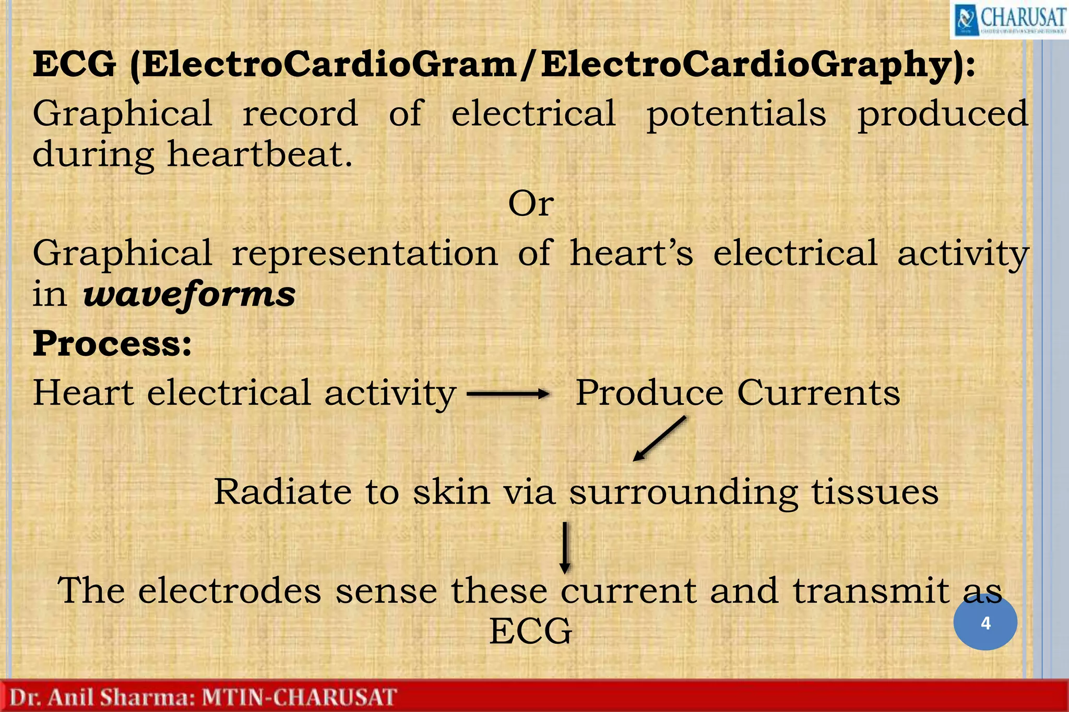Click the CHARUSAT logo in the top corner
tap(1008, 19)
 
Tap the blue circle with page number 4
tap(985, 623)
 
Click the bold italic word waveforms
tap(189, 294)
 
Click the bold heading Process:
tap(112, 344)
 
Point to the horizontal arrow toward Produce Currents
tap(507, 394)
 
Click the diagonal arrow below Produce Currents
tap(659, 439)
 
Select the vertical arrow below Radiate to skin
tap(565, 548)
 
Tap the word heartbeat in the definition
tap(259, 155)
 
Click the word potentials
tap(736, 114)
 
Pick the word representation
tap(364, 254)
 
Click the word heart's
tap(631, 254)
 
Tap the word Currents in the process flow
tap(818, 393)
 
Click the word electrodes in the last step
tap(230, 591)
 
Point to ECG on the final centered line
tap(530, 632)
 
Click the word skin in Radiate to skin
tap(452, 492)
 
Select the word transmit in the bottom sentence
tap(871, 591)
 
